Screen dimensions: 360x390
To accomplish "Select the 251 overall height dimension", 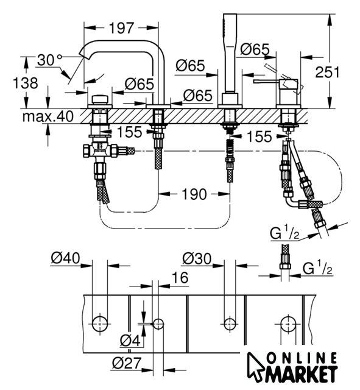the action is tap(327, 72).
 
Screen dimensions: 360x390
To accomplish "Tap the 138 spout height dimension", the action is tap(26, 83).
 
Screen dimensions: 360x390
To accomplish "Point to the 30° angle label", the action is tap(49, 60).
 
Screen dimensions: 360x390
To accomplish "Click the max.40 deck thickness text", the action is tap(48, 116).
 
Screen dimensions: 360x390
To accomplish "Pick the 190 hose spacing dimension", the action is tap(194, 194).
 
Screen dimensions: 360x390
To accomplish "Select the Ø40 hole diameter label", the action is tap(65, 258).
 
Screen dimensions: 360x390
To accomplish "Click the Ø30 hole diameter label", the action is tap(197, 258).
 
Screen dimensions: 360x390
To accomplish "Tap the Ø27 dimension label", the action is tap(127, 363).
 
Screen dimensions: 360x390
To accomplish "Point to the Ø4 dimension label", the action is tap(130, 340).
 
